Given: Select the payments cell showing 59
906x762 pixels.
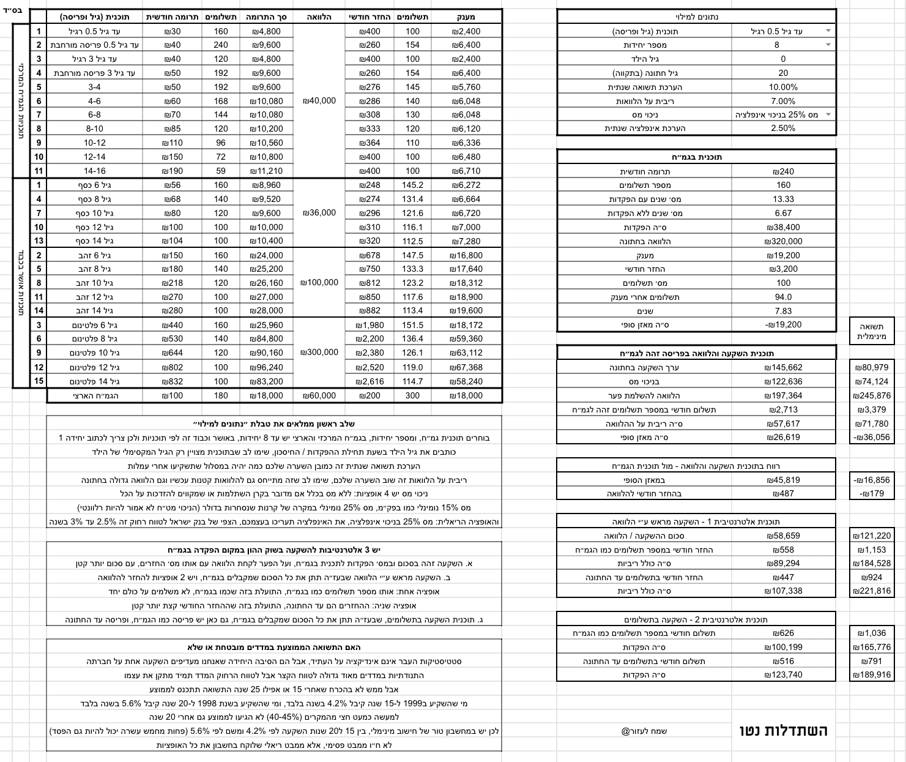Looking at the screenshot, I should pyautogui.click(x=220, y=171).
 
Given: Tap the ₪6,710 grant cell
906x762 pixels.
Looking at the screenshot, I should pyautogui.click(x=466, y=171).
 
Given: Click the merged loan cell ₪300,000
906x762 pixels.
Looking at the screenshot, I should pyautogui.click(x=319, y=352).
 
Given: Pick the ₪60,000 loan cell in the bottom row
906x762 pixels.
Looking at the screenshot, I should pyautogui.click(x=319, y=395).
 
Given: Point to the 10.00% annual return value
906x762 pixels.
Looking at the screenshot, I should pyautogui.click(x=783, y=87).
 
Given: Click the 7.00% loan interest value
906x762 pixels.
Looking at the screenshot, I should pyautogui.click(x=783, y=101).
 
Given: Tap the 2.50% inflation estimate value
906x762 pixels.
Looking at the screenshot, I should pyautogui.click(x=783, y=129).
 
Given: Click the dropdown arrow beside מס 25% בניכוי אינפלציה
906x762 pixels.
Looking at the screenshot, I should pyautogui.click(x=828, y=114).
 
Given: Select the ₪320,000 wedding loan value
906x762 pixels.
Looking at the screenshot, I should pyautogui.click(x=783, y=241).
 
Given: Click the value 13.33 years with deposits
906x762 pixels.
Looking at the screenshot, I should pyautogui.click(x=783, y=199).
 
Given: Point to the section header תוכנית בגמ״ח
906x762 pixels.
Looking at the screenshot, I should pyautogui.click(x=696, y=157).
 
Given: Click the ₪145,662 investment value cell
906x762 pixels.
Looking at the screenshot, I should pyautogui.click(x=783, y=367).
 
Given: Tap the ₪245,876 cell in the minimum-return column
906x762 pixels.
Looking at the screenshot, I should pyautogui.click(x=872, y=395).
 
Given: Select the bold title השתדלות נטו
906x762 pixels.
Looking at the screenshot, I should pyautogui.click(x=783, y=730).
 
